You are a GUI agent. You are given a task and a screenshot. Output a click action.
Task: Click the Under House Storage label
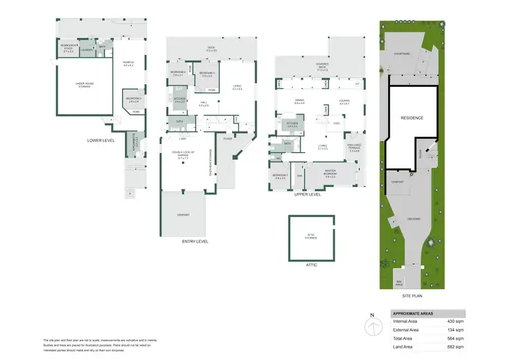tap(84, 85)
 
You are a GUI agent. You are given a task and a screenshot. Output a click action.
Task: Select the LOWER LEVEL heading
tap(100, 141)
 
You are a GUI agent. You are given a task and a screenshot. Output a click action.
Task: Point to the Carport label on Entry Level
tap(183, 215)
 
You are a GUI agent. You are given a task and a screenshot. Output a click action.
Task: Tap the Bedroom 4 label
tap(178, 74)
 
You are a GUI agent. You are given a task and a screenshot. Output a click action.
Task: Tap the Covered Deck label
tap(321, 67)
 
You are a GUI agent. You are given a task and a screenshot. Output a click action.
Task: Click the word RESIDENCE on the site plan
tap(411, 118)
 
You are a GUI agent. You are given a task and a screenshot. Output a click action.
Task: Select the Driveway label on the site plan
tap(415, 218)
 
